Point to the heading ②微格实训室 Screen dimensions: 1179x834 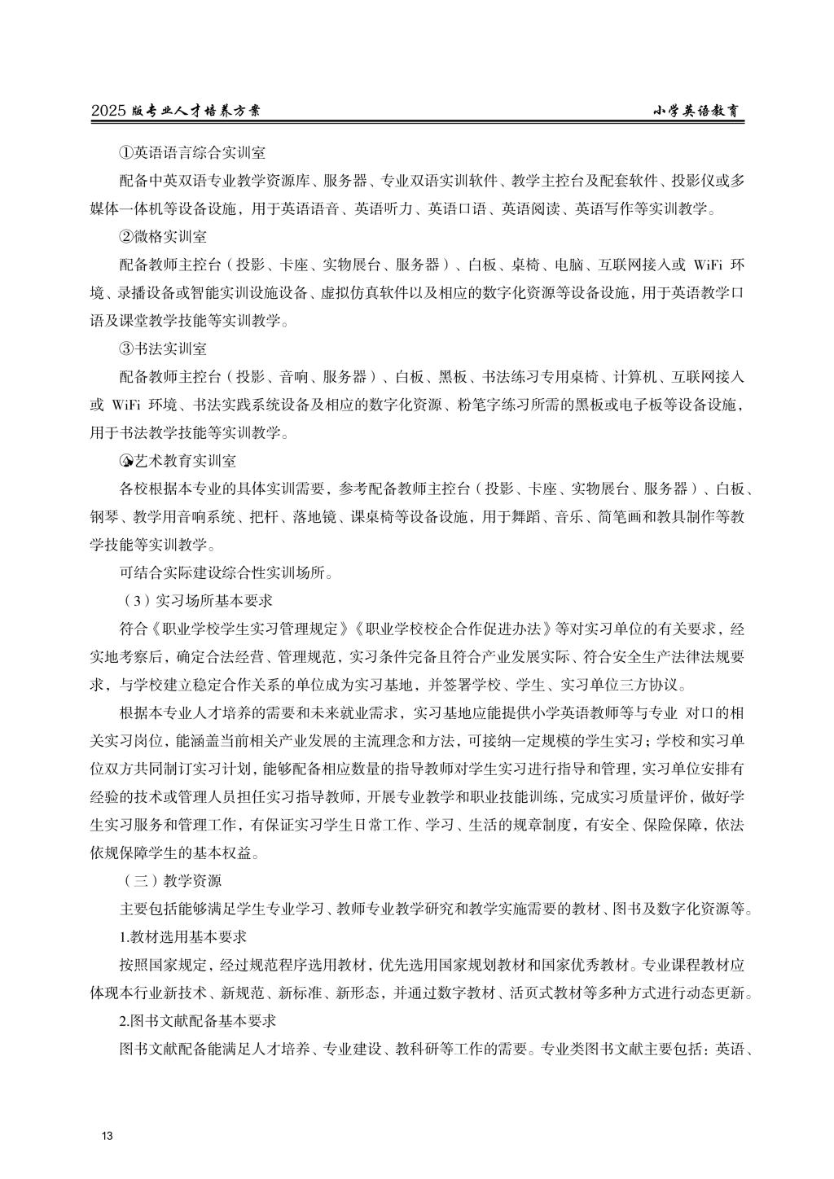(x=163, y=237)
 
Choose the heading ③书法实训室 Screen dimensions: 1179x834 (x=163, y=348)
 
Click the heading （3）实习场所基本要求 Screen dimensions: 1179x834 (x=195, y=601)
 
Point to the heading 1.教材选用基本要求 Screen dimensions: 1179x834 (x=183, y=936)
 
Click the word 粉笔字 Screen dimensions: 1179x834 (x=477, y=405)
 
